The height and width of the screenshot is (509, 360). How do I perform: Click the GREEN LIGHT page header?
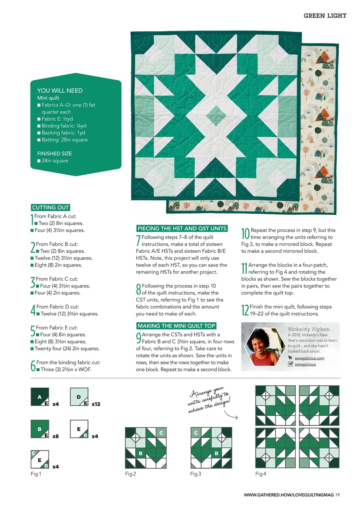pyautogui.click(x=325, y=16)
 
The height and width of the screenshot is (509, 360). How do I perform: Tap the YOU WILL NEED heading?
pyautogui.click(x=60, y=91)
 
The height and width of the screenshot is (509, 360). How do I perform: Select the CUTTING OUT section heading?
pyautogui.click(x=50, y=208)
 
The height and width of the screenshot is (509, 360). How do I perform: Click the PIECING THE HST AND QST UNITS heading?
pyautogui.click(x=182, y=228)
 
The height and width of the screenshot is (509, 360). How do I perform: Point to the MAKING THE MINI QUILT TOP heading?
pyautogui.click(x=176, y=326)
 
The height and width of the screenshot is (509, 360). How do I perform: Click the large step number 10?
pyautogui.click(x=245, y=233)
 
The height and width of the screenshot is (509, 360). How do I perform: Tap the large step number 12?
pyautogui.click(x=245, y=310)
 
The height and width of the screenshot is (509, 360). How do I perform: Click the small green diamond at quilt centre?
pyautogui.click(x=216, y=116)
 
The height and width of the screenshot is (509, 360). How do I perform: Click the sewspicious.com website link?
pyautogui.click(x=310, y=358)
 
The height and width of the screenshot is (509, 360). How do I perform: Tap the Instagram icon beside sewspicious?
pyautogui.click(x=290, y=364)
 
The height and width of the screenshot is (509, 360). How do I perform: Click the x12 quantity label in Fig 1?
pyautogui.click(x=96, y=404)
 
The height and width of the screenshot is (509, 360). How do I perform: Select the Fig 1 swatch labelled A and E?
pyautogui.click(x=40, y=397)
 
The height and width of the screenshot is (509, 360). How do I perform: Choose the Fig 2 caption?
pyautogui.click(x=130, y=474)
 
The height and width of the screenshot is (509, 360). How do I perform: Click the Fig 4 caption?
pyautogui.click(x=261, y=474)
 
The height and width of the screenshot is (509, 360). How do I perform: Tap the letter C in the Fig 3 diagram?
pyautogui.click(x=196, y=432)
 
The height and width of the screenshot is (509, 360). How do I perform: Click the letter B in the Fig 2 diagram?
pyautogui.click(x=140, y=453)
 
